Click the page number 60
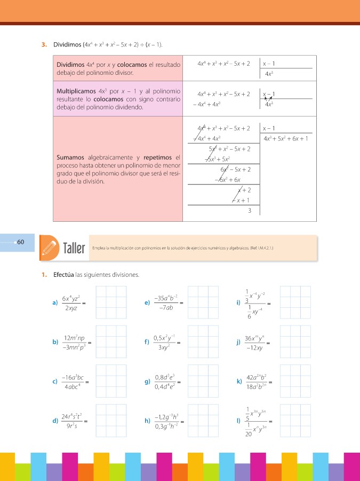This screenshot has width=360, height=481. click(x=21, y=242)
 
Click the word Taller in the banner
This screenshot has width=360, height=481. click(x=74, y=249)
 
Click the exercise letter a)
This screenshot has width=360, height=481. click(x=55, y=303)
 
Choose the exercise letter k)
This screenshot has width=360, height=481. click(x=238, y=381)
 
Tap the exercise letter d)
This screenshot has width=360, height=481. click(x=55, y=421)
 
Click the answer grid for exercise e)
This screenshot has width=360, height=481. click(x=203, y=302)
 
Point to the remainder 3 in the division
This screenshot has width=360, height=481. click(x=249, y=211)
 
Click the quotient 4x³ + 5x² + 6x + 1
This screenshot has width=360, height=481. click(x=285, y=139)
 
